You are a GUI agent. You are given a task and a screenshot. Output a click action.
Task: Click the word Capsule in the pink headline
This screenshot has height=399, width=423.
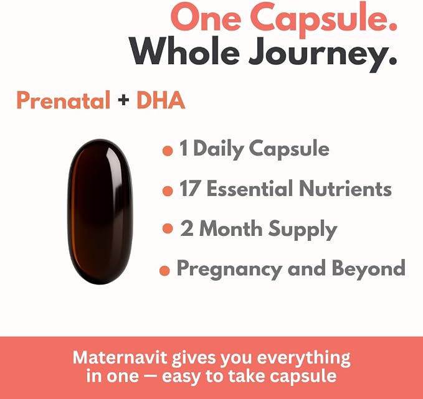324,19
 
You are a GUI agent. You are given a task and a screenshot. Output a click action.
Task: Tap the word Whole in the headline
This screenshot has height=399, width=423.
184,51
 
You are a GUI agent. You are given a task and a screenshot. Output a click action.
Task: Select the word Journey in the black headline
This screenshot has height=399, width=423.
323,55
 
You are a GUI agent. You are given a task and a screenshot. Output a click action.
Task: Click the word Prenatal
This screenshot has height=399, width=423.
64,100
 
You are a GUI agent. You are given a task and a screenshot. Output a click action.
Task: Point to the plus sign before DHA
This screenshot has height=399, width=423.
123,100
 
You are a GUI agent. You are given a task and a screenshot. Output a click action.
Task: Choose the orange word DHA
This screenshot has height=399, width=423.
161,100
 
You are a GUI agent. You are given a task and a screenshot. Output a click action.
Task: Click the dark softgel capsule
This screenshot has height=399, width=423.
100,212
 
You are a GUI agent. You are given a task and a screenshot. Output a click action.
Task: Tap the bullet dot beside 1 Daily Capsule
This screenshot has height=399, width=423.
168,151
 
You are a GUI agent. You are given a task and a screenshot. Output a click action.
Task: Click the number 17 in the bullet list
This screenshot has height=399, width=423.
190,189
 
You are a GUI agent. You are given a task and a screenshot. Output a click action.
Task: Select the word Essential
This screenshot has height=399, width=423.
250,188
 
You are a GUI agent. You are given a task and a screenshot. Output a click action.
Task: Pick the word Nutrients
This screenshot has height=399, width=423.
345,189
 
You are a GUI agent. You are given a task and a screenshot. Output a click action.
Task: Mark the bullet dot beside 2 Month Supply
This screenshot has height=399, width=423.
168,228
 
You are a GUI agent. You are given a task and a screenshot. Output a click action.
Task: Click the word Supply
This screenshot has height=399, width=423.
302,230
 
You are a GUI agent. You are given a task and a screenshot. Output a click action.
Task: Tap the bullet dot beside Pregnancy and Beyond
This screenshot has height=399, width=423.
164,270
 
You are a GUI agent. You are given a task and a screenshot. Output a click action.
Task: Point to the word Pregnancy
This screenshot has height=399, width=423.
230,270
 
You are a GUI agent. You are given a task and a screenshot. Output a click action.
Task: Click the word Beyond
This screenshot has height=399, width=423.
369,270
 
